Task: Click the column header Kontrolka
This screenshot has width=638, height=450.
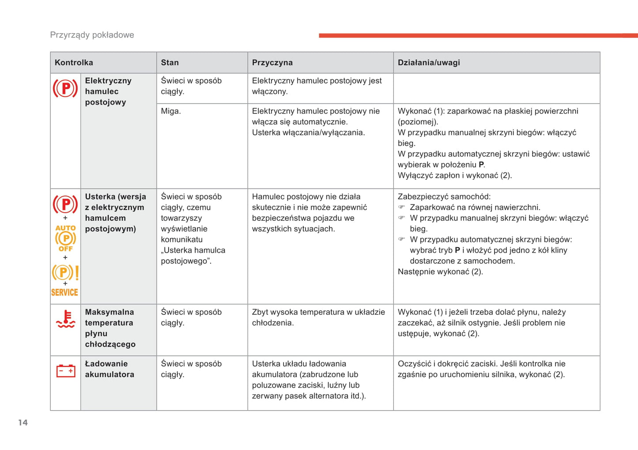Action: pos(74,63)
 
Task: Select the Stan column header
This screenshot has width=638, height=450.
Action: pos(170,63)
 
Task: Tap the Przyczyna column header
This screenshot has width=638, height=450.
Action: pos(272,63)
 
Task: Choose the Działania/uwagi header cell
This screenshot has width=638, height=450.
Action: pos(428,63)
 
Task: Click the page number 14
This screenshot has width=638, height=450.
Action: pos(23,423)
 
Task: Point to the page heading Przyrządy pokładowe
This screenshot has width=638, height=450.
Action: pos(92,35)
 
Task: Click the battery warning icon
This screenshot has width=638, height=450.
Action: pos(66,371)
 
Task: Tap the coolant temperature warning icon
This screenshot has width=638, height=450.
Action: pos(66,319)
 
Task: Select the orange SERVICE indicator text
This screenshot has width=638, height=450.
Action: pos(64,292)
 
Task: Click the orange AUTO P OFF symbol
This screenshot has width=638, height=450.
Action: pos(65,238)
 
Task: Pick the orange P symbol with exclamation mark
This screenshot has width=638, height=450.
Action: pos(65,272)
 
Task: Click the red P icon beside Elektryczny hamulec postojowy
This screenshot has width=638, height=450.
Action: pos(65,88)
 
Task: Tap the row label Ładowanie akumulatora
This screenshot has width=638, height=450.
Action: pos(109,369)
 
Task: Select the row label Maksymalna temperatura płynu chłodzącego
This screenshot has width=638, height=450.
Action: pos(110,328)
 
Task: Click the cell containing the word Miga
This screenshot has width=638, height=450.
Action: pos(171,111)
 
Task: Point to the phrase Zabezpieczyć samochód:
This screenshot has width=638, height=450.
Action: pos(444,197)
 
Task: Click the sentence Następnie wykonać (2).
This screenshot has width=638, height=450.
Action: pos(440,272)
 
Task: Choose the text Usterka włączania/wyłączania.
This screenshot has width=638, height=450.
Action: pos(308,132)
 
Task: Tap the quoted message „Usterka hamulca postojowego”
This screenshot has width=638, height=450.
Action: pos(193,256)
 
